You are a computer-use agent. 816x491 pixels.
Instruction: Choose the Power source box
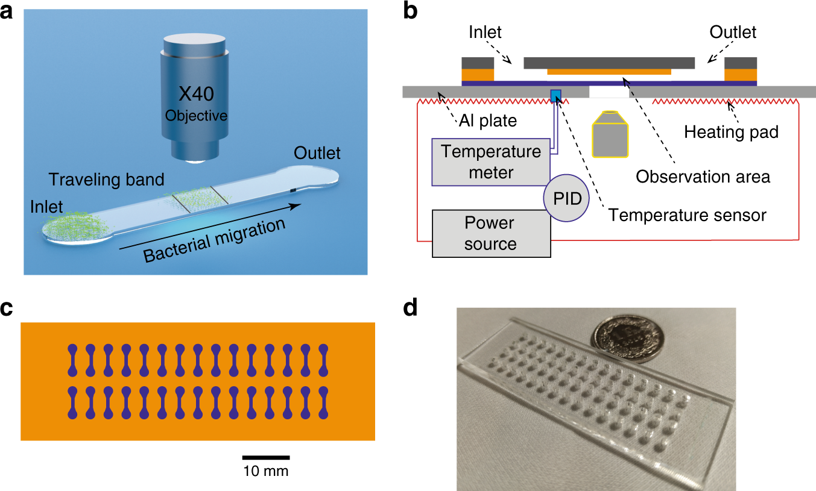click(491, 233)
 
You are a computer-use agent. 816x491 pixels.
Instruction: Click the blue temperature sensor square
click(556, 95)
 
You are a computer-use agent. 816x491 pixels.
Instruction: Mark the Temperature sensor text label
click(688, 214)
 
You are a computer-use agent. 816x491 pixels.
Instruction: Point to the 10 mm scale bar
click(266, 458)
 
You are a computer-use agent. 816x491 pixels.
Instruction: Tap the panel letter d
click(410, 308)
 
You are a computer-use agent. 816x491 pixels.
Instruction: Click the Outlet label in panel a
click(317, 153)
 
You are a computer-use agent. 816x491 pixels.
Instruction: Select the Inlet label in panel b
click(485, 31)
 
